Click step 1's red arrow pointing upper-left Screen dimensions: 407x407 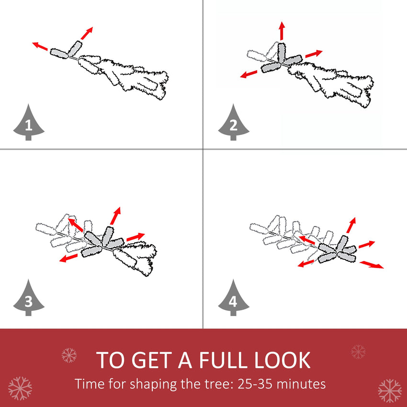[40, 46]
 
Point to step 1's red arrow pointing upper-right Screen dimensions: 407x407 [86, 34]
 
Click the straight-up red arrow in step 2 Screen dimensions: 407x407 [282, 31]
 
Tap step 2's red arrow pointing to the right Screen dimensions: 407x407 [314, 53]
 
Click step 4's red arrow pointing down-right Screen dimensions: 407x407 [372, 264]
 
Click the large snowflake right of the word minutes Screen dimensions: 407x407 [389, 390]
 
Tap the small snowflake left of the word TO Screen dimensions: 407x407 [69, 355]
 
